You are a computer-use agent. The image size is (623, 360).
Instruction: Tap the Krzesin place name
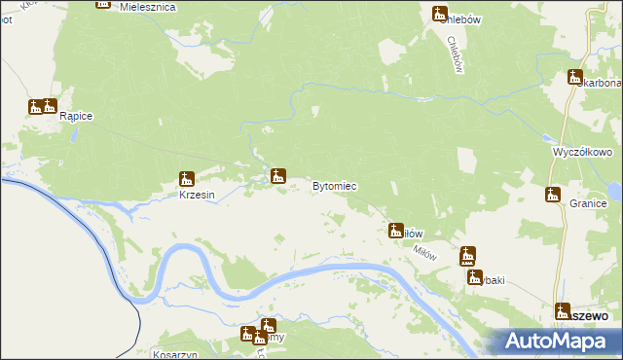click(197, 195)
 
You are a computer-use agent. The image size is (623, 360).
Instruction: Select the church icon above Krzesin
click(187, 179)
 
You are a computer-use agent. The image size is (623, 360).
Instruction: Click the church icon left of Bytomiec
click(278, 176)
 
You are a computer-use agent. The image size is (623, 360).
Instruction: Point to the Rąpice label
click(76, 117)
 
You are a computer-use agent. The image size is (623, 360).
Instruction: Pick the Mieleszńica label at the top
click(145, 6)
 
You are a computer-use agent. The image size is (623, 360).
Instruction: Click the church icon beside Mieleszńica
click(103, 3)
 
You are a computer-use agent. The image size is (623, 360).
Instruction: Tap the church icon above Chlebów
click(439, 13)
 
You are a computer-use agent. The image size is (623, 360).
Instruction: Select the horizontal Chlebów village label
click(466, 18)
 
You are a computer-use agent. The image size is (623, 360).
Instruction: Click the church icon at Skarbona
click(574, 77)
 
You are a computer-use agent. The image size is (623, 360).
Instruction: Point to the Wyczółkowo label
click(581, 153)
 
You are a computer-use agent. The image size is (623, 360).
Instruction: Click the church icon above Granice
click(553, 195)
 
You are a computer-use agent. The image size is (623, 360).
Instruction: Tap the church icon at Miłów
click(396, 231)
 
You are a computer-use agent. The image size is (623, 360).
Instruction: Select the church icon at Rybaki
click(468, 256)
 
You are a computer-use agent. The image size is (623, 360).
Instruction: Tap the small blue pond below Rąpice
click(70, 135)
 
